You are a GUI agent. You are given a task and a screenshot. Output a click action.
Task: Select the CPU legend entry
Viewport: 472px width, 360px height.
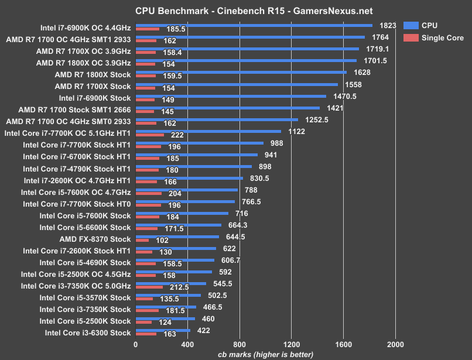pos(429,26)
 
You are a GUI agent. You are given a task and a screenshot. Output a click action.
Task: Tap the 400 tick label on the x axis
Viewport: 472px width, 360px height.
pos(187,345)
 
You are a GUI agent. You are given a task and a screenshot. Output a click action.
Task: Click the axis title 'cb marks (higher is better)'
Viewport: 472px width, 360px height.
pos(265,354)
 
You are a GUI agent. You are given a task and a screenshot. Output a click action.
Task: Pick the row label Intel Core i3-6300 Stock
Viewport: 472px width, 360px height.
pos(87,333)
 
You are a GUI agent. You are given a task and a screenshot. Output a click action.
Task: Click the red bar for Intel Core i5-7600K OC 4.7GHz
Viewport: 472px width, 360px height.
pos(149,193)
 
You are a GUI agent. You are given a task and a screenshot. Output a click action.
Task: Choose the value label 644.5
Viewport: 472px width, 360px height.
pos(235,237)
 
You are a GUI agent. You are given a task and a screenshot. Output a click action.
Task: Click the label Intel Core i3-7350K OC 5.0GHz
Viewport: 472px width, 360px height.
pos(76,286)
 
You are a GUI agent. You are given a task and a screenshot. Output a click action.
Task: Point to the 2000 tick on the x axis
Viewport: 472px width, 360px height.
pos(395,345)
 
